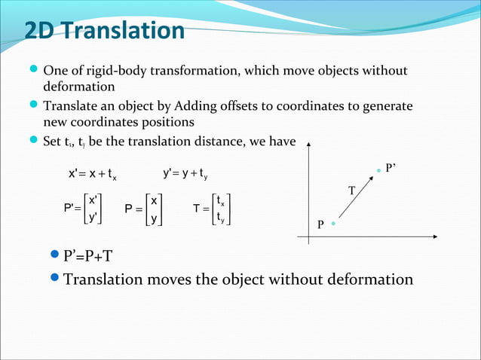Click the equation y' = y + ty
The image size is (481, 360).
[x=185, y=174]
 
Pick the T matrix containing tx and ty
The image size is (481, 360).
[x=210, y=209]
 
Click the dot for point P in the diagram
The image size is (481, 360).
[x=332, y=224]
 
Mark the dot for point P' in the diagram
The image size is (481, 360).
[x=379, y=171]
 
